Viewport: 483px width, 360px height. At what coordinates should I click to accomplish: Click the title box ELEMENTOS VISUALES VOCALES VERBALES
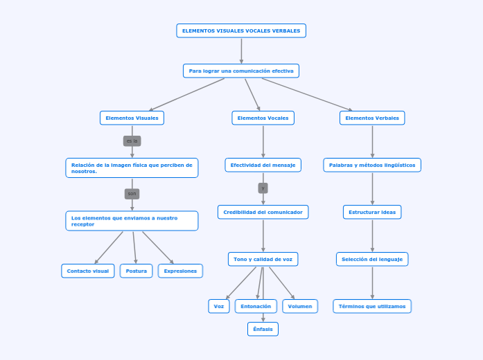(x=241, y=30)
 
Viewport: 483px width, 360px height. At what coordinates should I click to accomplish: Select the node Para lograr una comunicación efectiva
(x=241, y=71)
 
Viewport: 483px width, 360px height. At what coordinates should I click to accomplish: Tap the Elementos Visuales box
(x=132, y=118)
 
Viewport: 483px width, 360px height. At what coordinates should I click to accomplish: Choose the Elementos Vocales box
(x=263, y=118)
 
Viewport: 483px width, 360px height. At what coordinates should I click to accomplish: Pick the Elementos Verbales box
(x=372, y=118)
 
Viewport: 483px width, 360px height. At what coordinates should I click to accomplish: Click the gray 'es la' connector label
(x=132, y=141)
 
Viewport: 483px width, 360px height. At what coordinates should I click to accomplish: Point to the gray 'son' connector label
(x=132, y=193)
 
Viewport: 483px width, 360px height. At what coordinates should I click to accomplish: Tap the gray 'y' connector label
(x=263, y=188)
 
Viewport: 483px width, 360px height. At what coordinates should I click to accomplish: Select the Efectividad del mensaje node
(x=263, y=165)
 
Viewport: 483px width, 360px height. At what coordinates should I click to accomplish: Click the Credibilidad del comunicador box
(x=263, y=212)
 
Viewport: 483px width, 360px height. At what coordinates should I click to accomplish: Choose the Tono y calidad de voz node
(x=263, y=259)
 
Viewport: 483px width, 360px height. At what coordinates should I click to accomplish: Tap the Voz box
(x=219, y=306)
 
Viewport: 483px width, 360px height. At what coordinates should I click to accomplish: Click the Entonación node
(x=256, y=306)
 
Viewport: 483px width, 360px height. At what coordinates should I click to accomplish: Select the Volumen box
(x=300, y=306)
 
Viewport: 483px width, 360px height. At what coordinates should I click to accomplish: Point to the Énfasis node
(x=263, y=329)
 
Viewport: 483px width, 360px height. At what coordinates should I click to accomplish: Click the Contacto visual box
(x=87, y=271)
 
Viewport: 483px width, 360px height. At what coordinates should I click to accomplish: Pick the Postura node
(x=137, y=271)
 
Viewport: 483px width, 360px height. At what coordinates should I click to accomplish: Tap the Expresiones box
(x=180, y=271)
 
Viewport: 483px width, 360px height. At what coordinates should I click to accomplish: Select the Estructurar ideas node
(x=372, y=212)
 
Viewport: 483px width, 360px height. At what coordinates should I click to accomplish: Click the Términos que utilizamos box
(x=372, y=306)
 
